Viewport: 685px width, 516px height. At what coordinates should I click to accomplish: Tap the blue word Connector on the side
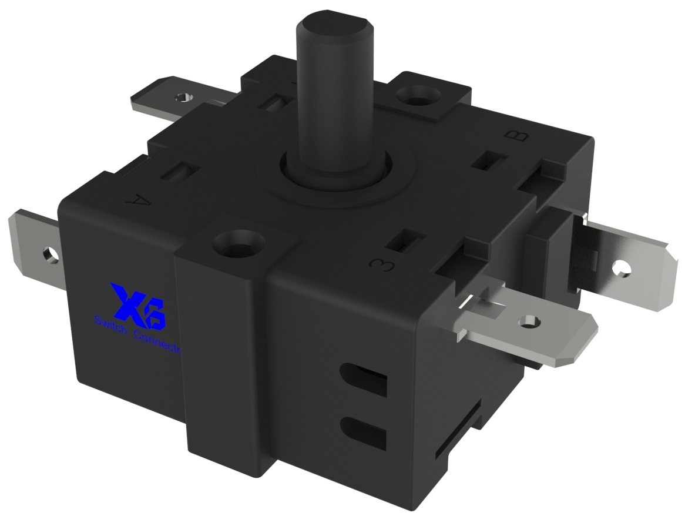tap(159, 343)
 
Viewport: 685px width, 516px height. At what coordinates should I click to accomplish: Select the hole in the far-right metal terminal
tap(621, 269)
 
